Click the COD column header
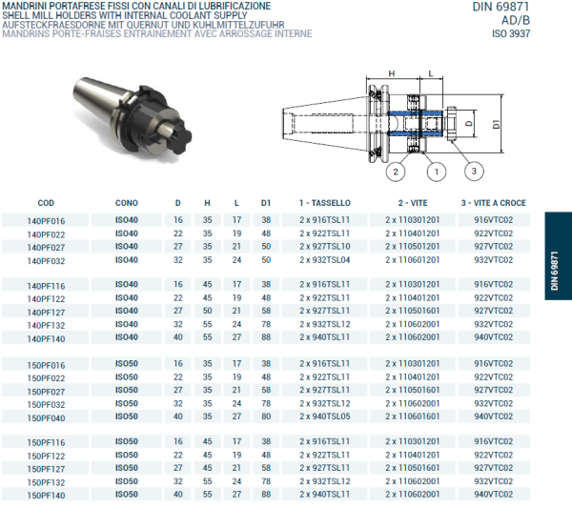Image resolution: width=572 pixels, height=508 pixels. click(46, 203)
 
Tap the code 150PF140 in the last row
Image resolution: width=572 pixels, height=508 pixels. click(46, 496)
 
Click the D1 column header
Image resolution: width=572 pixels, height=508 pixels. click(266, 203)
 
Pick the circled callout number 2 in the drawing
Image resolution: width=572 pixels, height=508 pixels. click(393, 172)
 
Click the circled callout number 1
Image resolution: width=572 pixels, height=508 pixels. click(434, 172)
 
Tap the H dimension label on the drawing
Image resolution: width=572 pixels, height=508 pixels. click(391, 72)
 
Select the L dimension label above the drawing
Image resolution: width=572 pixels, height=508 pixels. click(431, 72)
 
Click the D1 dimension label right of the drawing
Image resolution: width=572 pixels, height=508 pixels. click(497, 124)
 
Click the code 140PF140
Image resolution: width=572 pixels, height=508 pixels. click(46, 338)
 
